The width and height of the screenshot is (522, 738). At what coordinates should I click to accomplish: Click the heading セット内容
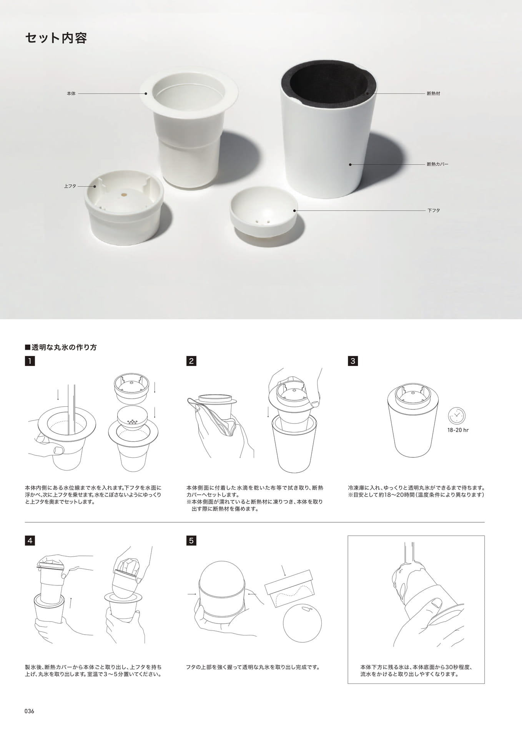[56, 38]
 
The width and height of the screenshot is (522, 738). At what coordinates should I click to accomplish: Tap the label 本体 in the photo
[71, 93]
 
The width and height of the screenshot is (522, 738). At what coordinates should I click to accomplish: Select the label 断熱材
[433, 93]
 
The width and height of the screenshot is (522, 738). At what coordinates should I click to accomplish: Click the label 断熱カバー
[437, 164]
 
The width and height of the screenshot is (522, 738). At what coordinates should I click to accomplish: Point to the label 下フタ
[434, 211]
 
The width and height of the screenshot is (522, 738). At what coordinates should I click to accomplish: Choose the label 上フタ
[70, 186]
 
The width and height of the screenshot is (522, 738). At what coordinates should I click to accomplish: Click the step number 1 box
[30, 361]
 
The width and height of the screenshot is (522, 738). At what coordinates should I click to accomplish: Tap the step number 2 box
[191, 361]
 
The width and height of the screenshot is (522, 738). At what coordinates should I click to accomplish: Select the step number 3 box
[352, 361]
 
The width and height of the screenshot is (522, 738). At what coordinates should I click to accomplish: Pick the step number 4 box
[30, 540]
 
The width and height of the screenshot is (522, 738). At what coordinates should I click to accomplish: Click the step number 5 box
[191, 540]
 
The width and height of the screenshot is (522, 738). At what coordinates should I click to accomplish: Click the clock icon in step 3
[457, 416]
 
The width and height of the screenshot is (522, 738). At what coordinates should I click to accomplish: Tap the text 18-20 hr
[458, 430]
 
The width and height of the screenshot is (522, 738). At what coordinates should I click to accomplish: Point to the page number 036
[29, 711]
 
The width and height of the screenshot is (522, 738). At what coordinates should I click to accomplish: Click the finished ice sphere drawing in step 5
[302, 623]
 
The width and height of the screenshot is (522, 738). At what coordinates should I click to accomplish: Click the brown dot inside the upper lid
[124, 195]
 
